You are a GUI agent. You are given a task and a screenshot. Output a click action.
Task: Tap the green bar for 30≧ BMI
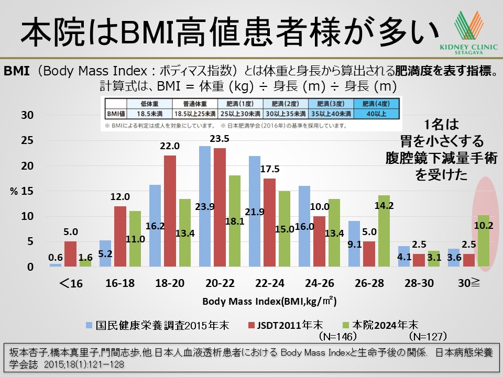click(x=483, y=241)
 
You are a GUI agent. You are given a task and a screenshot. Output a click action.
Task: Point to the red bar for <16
click(x=71, y=254)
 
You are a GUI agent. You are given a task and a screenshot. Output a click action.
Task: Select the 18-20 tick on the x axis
click(x=170, y=283)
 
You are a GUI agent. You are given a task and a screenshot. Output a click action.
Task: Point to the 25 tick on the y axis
click(x=27, y=140)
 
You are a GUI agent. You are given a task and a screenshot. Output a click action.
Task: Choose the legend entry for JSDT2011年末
click(x=286, y=325)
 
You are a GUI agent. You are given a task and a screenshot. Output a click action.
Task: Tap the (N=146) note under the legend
click(x=338, y=336)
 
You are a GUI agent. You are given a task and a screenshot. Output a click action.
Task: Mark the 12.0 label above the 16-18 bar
click(x=121, y=197)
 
